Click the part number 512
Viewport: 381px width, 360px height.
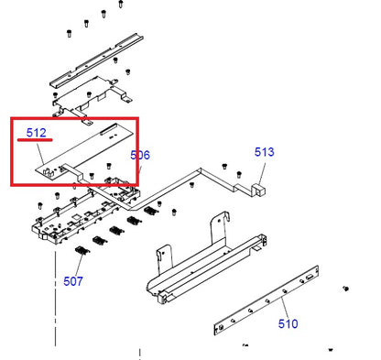tap(36, 133)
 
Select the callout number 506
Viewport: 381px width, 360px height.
tap(140, 156)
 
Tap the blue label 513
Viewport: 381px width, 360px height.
tap(264, 154)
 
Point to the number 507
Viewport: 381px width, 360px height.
tap(73, 280)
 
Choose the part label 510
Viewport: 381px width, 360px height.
tap(288, 323)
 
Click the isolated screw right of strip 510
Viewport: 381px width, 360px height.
tap(346, 289)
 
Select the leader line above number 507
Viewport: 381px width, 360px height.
tap(76, 265)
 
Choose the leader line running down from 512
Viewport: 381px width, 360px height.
tap(43, 156)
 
